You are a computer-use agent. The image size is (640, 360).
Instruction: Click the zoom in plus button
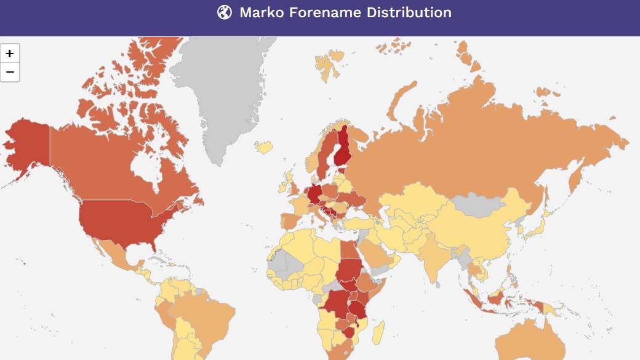10,53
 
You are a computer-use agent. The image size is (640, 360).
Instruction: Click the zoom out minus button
10,72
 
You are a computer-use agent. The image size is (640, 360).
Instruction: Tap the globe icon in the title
225,12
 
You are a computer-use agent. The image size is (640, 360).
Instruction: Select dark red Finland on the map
343,148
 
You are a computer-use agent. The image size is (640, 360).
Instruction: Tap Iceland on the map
265,147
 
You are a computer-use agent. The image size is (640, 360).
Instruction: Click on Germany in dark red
314,194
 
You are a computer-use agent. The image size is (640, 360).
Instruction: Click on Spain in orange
289,220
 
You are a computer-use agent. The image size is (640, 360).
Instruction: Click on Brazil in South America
209,320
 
